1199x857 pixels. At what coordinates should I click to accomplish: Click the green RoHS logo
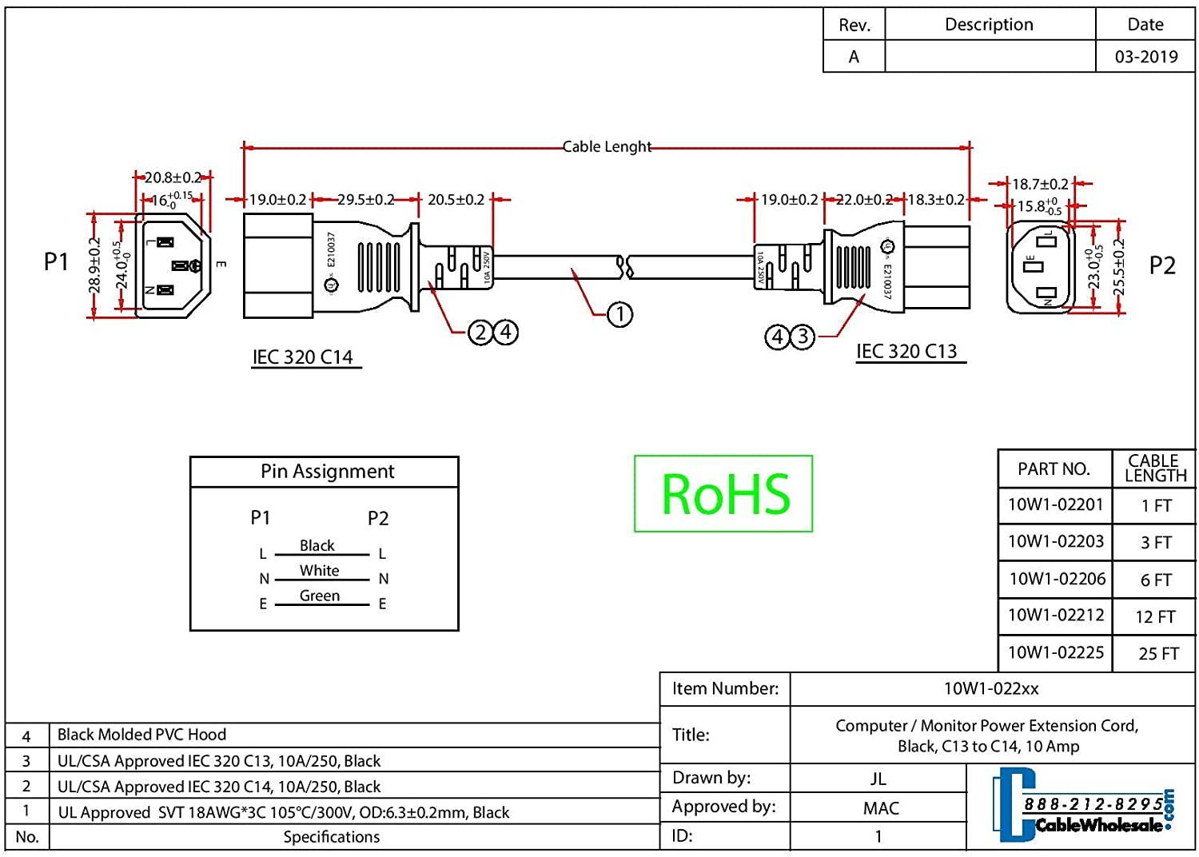723,494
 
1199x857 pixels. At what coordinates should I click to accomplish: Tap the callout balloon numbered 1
620,314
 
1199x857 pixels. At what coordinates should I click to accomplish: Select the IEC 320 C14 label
303,357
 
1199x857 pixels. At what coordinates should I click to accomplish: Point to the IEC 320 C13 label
906,351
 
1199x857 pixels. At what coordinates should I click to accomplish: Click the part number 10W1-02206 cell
1057,579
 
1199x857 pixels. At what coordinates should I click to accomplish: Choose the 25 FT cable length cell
1158,654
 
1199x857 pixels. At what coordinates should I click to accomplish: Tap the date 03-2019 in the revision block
1146,57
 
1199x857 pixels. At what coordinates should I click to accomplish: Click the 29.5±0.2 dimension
365,200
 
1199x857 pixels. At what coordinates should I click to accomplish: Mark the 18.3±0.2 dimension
936,200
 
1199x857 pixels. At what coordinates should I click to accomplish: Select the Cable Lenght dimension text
607,147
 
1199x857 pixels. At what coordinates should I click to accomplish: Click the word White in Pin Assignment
319,571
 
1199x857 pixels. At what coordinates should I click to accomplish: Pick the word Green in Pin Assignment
319,596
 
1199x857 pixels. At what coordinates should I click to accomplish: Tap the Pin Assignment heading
327,472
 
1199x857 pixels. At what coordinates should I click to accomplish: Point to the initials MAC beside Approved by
881,808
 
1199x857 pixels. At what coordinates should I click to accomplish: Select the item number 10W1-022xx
991,688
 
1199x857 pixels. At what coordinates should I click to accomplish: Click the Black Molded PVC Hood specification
141,735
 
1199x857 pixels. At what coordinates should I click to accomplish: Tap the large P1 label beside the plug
56,261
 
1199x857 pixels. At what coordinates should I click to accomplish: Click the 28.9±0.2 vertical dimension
94,265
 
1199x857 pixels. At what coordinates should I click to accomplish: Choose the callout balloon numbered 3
803,337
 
